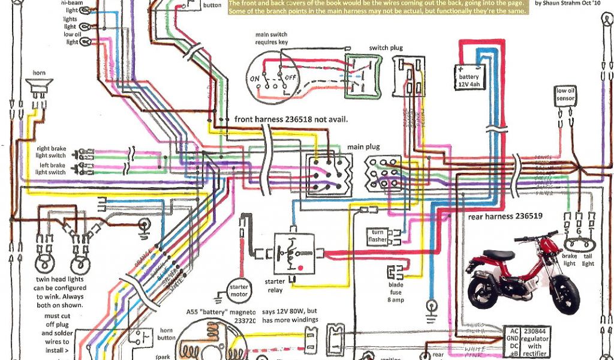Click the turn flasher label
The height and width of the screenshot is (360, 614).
[378, 236]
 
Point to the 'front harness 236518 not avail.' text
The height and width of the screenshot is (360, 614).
[291, 119]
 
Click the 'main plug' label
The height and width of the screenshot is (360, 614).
[362, 146]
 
